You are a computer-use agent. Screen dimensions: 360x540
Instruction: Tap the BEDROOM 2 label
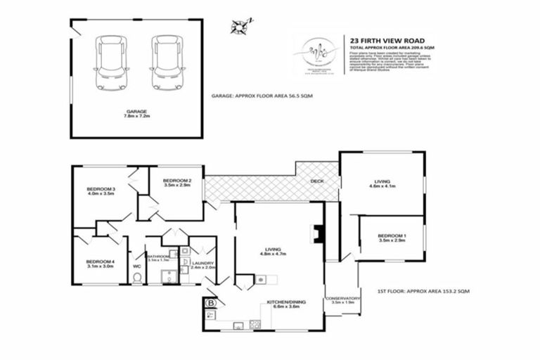pos(176,181)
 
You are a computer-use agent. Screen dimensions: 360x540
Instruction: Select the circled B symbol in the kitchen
pos(210,304)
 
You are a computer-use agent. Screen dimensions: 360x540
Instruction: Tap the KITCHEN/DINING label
pos(284,304)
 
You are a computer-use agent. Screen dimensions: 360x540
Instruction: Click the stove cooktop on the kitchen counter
pos(255,324)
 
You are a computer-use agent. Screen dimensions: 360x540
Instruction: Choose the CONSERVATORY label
pos(342,299)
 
